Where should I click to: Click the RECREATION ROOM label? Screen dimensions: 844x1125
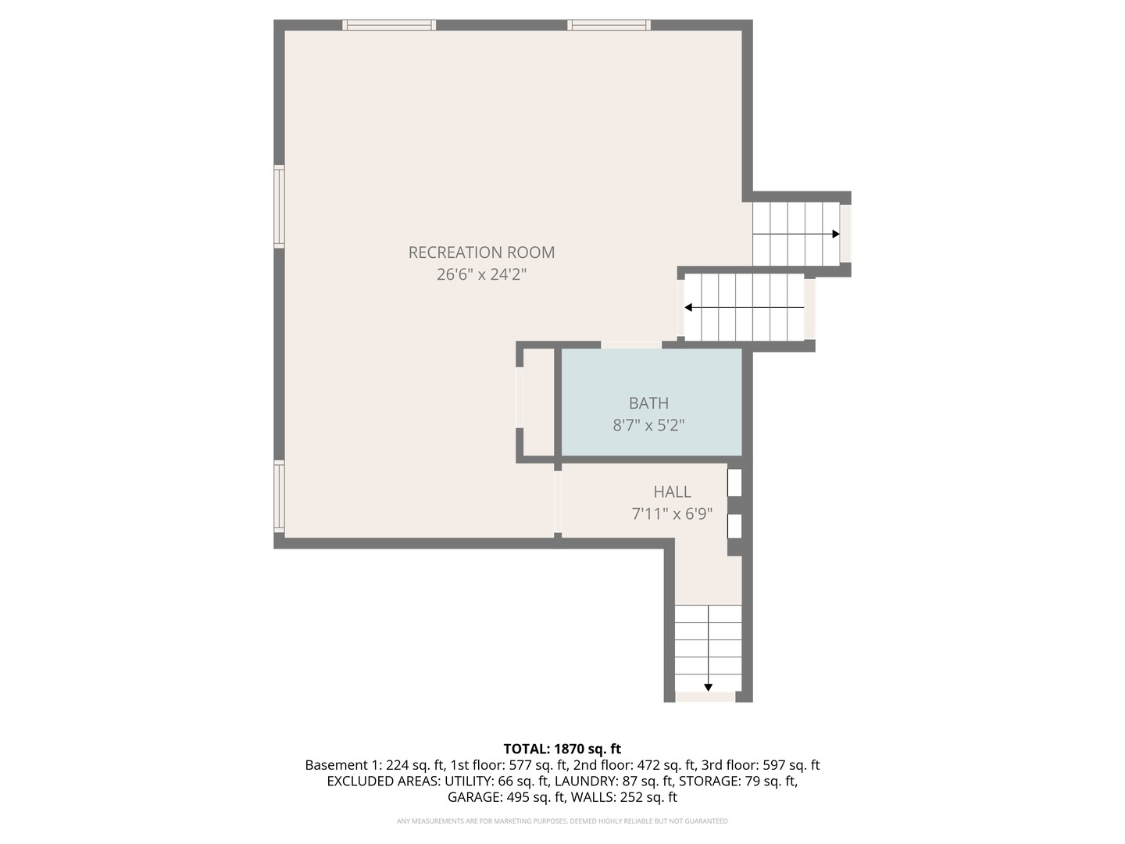coord(481,252)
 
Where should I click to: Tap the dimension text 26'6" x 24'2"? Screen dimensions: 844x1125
coord(481,275)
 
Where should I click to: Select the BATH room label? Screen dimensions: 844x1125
coord(648,403)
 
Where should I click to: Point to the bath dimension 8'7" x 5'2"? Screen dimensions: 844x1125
coord(648,426)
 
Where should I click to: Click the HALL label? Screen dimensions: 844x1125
coord(672,492)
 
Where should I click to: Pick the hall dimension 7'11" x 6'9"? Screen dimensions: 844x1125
coord(672,514)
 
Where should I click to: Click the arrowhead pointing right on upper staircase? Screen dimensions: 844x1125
coord(836,234)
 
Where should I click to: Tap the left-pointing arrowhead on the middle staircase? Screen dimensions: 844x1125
coord(688,308)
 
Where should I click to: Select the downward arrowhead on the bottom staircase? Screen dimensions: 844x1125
coord(708,687)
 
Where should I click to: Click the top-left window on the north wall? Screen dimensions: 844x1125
coord(388,25)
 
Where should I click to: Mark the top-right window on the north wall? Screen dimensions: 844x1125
coord(609,25)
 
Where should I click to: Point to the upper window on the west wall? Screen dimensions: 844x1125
coord(279,206)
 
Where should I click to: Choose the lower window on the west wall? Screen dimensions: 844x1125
coord(279,496)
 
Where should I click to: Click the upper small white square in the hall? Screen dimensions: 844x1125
coord(734,482)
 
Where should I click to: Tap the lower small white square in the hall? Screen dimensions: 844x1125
coord(734,526)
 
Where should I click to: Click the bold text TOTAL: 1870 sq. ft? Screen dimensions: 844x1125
coord(562,749)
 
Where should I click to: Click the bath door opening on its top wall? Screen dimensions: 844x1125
coord(631,345)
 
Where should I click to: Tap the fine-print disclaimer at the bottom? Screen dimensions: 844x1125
coord(562,821)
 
